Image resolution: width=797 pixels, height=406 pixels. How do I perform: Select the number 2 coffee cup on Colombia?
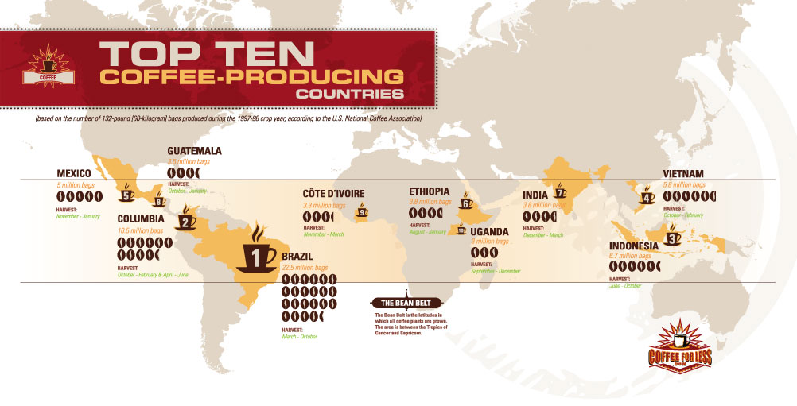185,218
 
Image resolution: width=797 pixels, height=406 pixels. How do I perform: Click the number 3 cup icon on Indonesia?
673,235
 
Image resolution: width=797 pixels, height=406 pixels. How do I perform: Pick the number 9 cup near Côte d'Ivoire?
363,211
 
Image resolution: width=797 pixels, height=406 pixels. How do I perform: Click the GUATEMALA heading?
194,151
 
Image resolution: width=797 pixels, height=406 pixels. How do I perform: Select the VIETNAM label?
689,174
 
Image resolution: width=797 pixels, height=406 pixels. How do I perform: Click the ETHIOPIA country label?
429,191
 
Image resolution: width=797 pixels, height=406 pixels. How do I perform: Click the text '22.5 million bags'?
306,268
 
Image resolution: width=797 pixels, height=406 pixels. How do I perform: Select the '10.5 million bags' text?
140,230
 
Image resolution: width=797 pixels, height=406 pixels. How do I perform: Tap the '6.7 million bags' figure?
632,257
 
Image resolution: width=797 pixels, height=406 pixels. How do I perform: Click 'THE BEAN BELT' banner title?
406,304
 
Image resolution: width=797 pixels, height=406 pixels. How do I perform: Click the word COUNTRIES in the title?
348,94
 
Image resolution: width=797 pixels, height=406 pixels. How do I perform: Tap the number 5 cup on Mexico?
127,193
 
